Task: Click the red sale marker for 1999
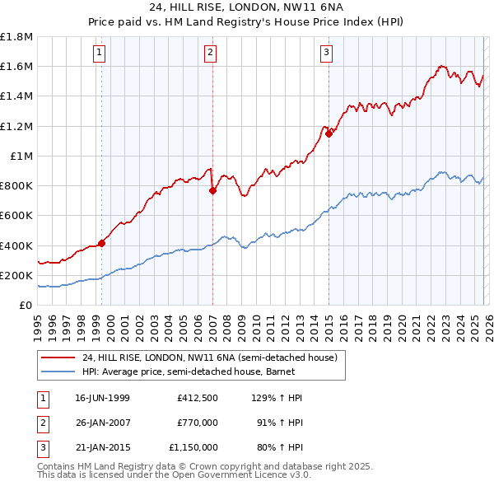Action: pyautogui.click(x=102, y=243)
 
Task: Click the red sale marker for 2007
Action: pyautogui.click(x=212, y=190)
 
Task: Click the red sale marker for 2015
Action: pyautogui.click(x=329, y=133)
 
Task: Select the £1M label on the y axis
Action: pyautogui.click(x=21, y=156)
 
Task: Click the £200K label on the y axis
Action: pyautogui.click(x=16, y=275)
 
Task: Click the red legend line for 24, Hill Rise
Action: pyautogui.click(x=58, y=357)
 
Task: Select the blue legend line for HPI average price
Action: pyautogui.click(x=58, y=372)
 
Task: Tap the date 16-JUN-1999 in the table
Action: pyautogui.click(x=102, y=398)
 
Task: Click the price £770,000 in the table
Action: pyautogui.click(x=197, y=423)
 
